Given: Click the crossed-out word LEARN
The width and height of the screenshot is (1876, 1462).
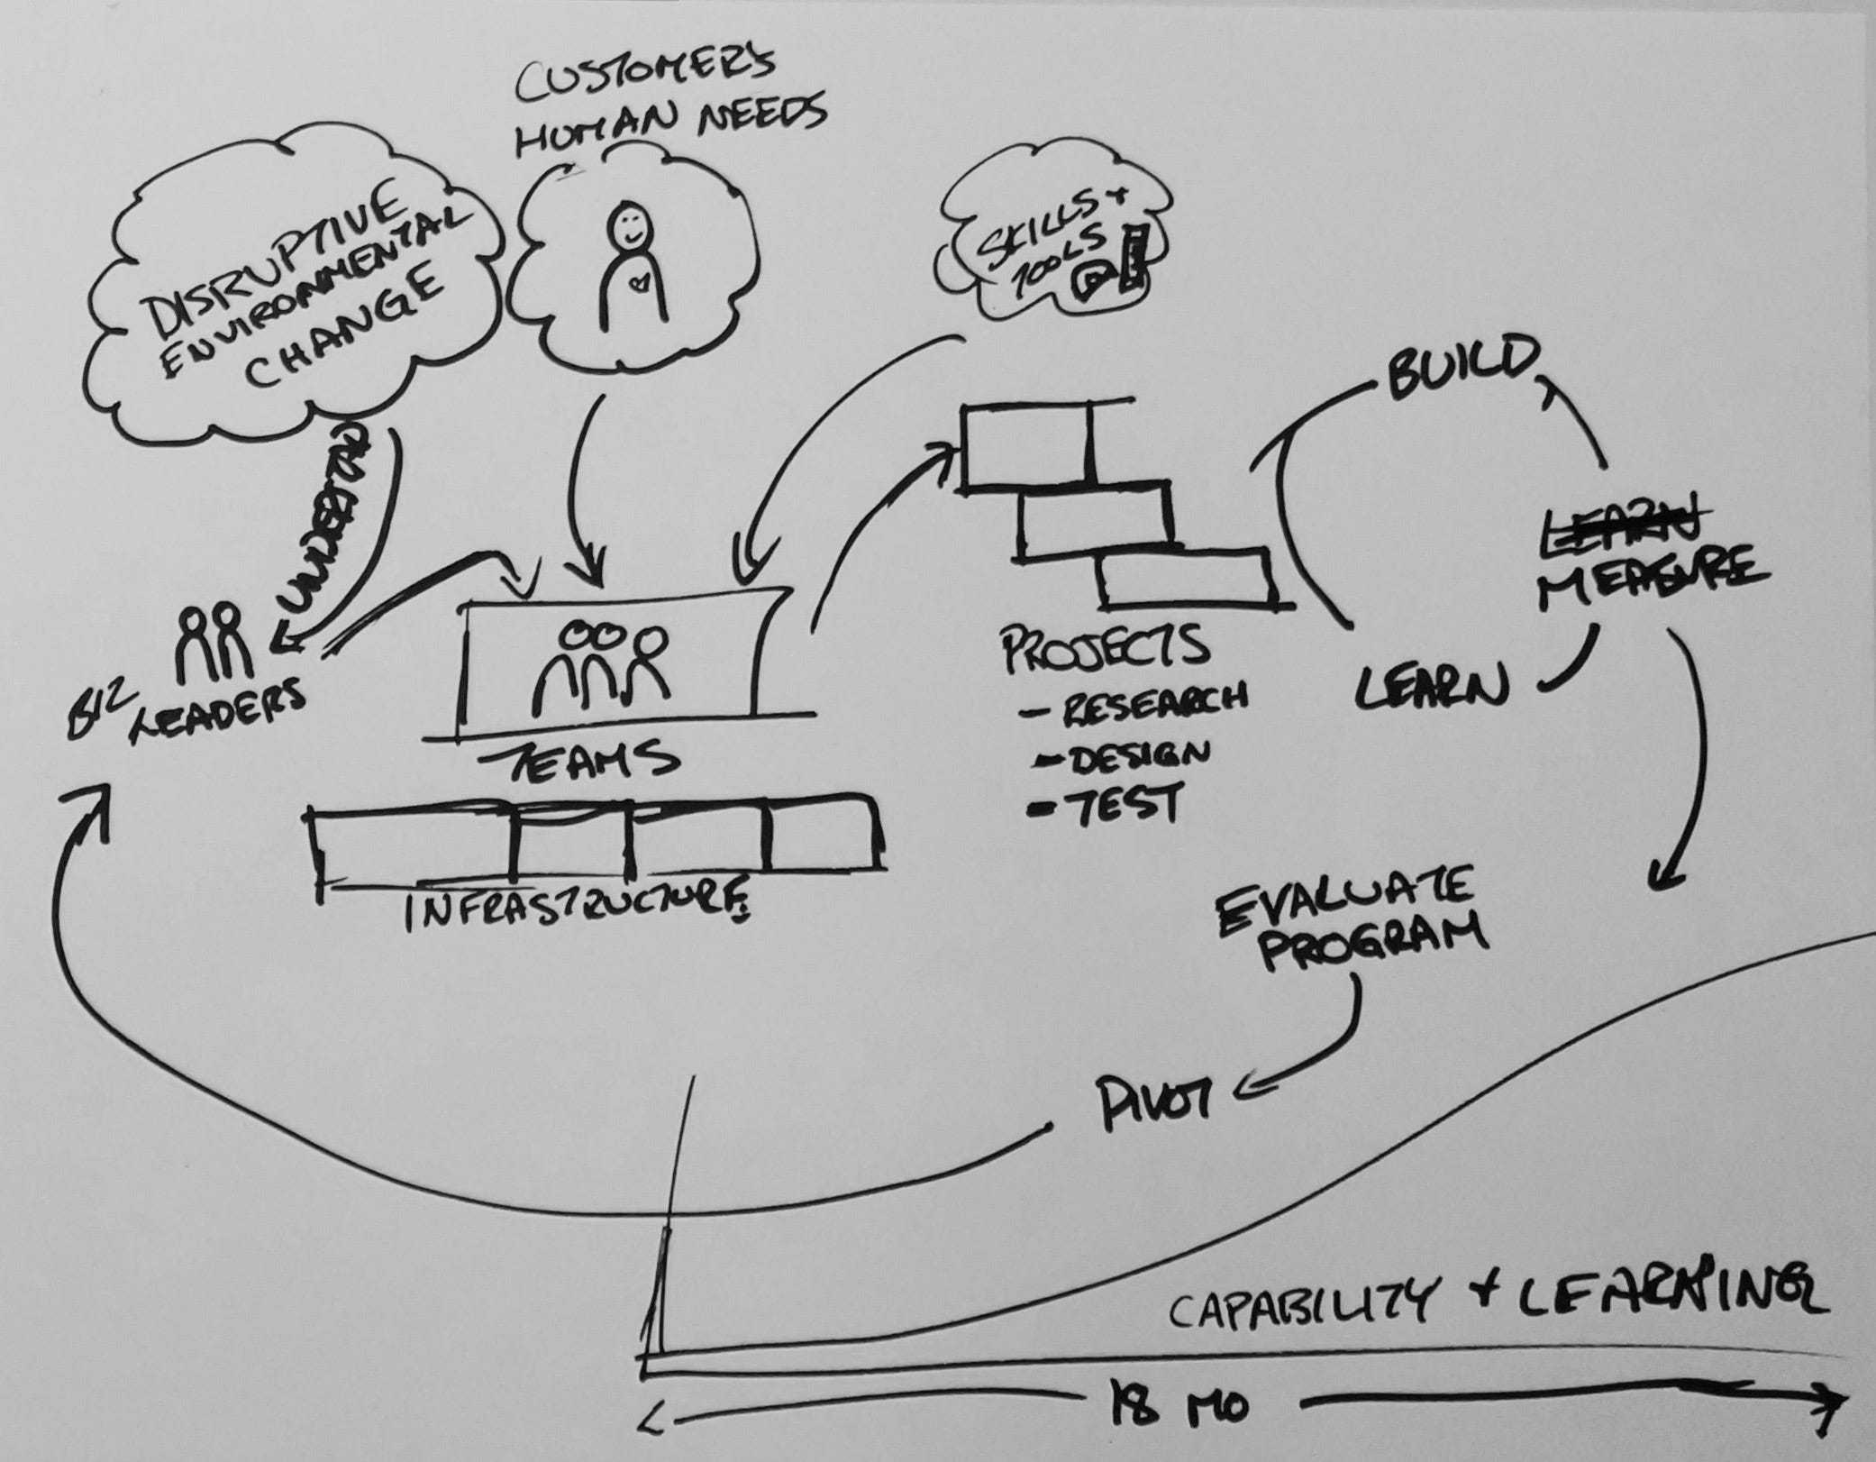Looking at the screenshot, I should pos(1617,521).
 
